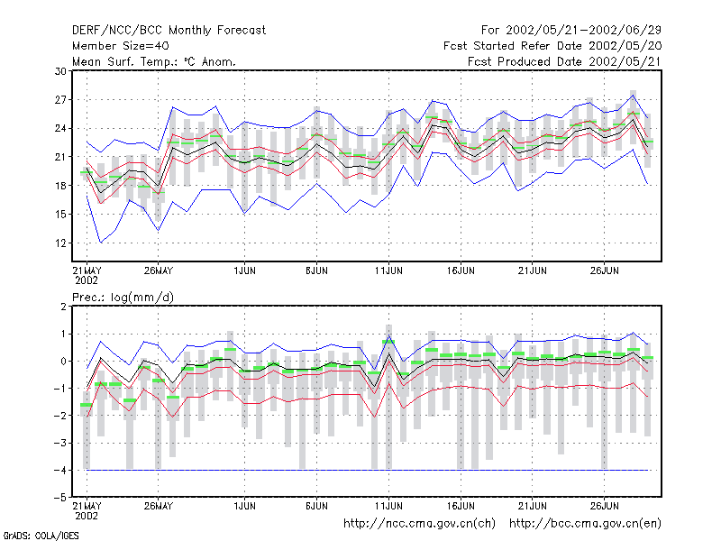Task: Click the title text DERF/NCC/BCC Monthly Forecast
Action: click(169, 31)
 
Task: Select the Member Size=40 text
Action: click(121, 46)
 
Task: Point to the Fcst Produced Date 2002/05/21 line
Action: click(564, 61)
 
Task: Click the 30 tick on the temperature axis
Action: click(60, 71)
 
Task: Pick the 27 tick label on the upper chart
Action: click(60, 100)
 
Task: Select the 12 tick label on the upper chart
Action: click(60, 243)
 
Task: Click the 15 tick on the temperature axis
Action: click(60, 215)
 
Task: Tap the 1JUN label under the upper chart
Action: click(244, 270)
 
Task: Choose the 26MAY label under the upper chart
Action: click(159, 270)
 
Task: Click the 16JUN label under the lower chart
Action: click(461, 506)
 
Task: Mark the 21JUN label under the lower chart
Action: click(533, 506)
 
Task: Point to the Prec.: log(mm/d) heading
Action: click(123, 298)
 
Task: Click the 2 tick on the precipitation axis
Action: click(63, 307)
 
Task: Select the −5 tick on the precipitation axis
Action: click(60, 498)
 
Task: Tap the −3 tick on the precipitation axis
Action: click(60, 443)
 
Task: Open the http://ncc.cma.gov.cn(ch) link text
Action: click(419, 524)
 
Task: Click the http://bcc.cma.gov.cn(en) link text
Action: click(585, 524)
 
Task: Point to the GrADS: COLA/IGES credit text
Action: click(41, 536)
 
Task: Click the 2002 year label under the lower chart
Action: click(87, 516)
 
